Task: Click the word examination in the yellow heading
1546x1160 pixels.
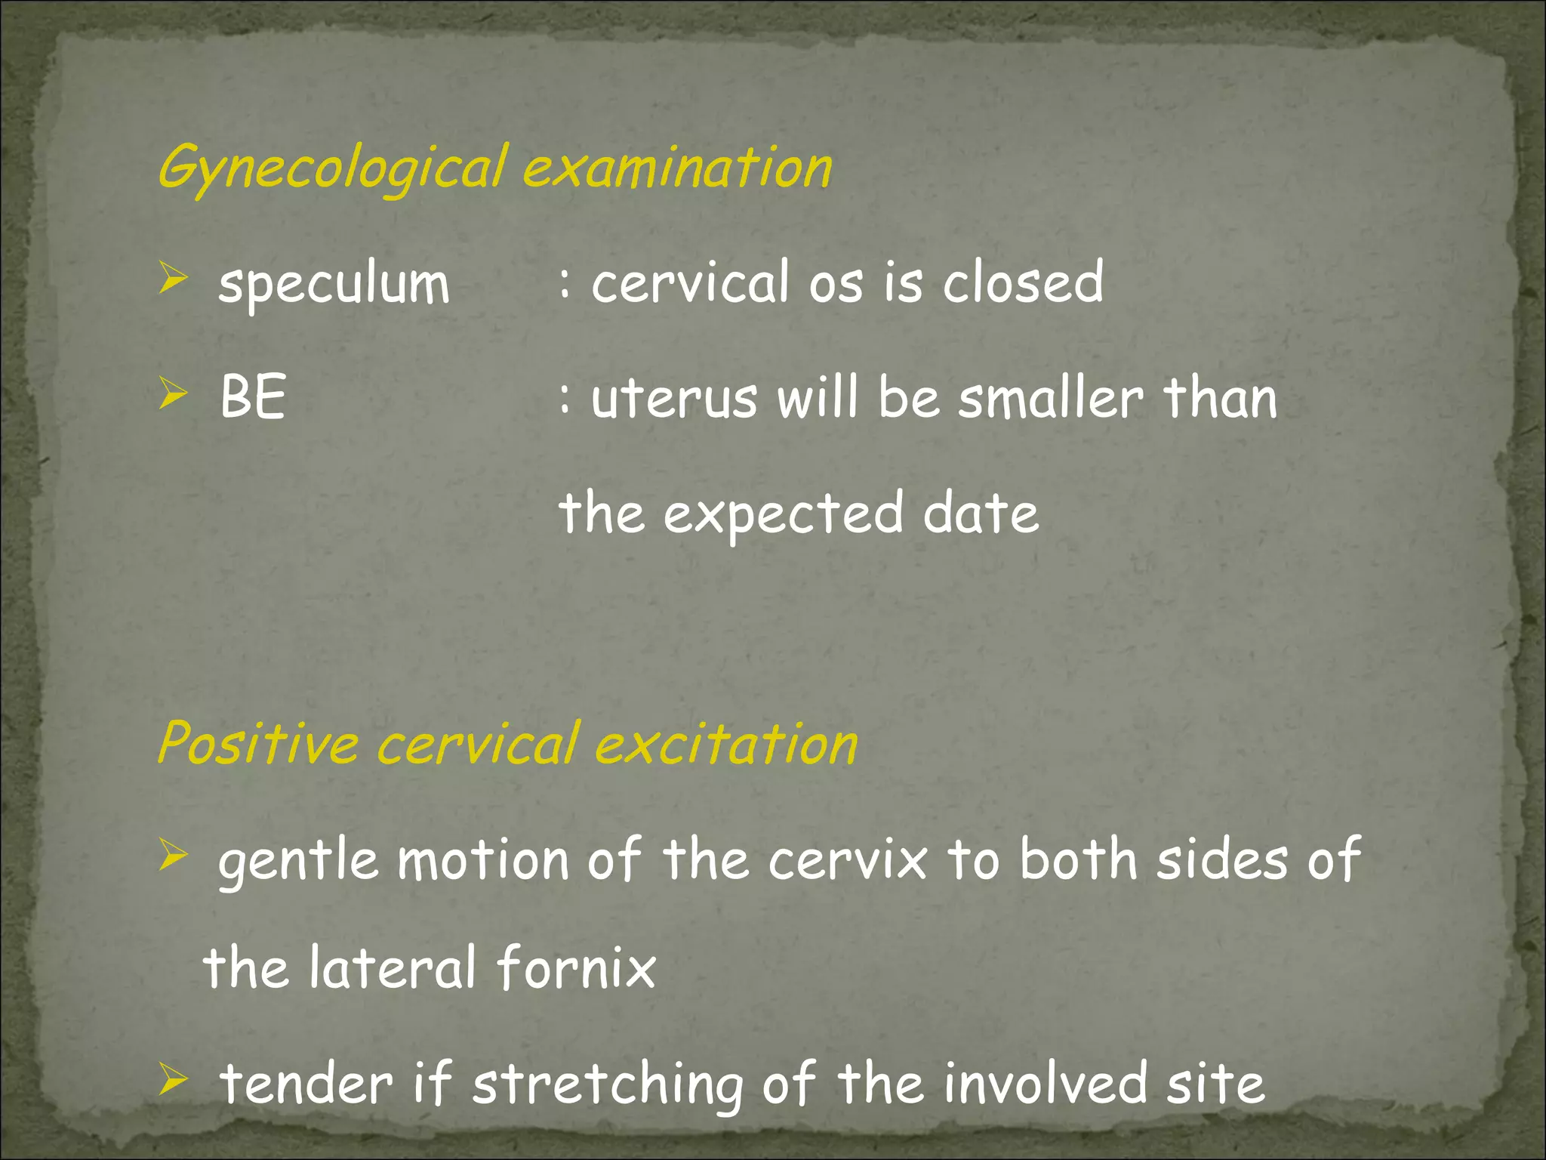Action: [x=677, y=168]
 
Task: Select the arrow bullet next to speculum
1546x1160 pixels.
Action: [x=173, y=279]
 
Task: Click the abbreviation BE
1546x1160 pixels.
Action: [x=253, y=398]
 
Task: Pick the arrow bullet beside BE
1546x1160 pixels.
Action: [x=173, y=393]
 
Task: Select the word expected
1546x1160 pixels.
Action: [x=783, y=514]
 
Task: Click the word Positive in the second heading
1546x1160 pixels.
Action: [x=257, y=743]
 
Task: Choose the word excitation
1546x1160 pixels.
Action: [x=726, y=743]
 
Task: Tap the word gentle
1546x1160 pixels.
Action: [x=298, y=862]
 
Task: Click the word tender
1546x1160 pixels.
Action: [x=306, y=1083]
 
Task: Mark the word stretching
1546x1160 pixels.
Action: [x=608, y=1084]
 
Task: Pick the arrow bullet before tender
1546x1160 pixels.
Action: [x=173, y=1080]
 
